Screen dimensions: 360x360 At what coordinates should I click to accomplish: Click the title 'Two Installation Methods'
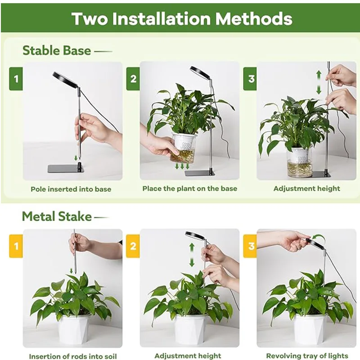coord(182,19)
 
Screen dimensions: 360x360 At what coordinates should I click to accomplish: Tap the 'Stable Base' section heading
coord(57,50)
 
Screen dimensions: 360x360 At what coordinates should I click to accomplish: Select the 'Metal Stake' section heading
coord(57,216)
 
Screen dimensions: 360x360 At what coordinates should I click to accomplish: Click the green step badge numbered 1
coord(16,79)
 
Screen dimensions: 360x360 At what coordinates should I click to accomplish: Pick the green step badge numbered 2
coord(133,79)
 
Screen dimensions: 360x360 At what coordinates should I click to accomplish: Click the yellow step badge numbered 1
coord(16,247)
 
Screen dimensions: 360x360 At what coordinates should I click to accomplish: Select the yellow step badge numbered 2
coord(133,247)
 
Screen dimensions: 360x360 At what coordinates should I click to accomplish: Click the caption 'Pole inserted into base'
coord(71,189)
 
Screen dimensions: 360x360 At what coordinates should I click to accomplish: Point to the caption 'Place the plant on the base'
coord(189,189)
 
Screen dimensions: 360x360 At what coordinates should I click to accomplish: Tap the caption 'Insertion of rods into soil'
coord(72,356)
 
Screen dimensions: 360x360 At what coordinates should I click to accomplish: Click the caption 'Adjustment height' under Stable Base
coord(306,189)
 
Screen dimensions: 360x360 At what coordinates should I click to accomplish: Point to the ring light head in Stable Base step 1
coord(65,80)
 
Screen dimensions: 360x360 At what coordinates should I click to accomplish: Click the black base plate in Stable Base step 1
coord(66,168)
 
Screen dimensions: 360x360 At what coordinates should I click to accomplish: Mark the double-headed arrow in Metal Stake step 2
coord(192,255)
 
